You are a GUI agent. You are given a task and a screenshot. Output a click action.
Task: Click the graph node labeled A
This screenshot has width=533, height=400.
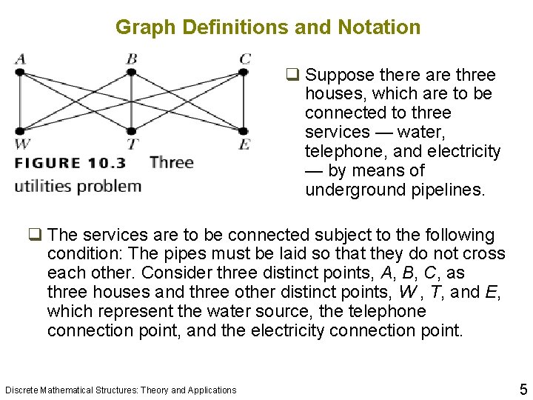pos(20,72)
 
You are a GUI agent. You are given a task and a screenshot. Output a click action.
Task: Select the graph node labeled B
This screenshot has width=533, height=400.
pos(131,72)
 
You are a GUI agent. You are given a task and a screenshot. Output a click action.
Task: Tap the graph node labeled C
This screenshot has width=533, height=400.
pos(244,72)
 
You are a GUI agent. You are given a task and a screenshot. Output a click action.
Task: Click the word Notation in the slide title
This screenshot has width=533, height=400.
pos(378,27)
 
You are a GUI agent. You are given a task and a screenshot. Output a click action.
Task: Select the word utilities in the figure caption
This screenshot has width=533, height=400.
pos(44,186)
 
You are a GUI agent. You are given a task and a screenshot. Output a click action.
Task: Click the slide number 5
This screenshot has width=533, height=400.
pos(523,388)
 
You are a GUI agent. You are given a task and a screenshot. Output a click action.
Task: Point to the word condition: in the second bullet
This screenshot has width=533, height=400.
pos(84,254)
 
